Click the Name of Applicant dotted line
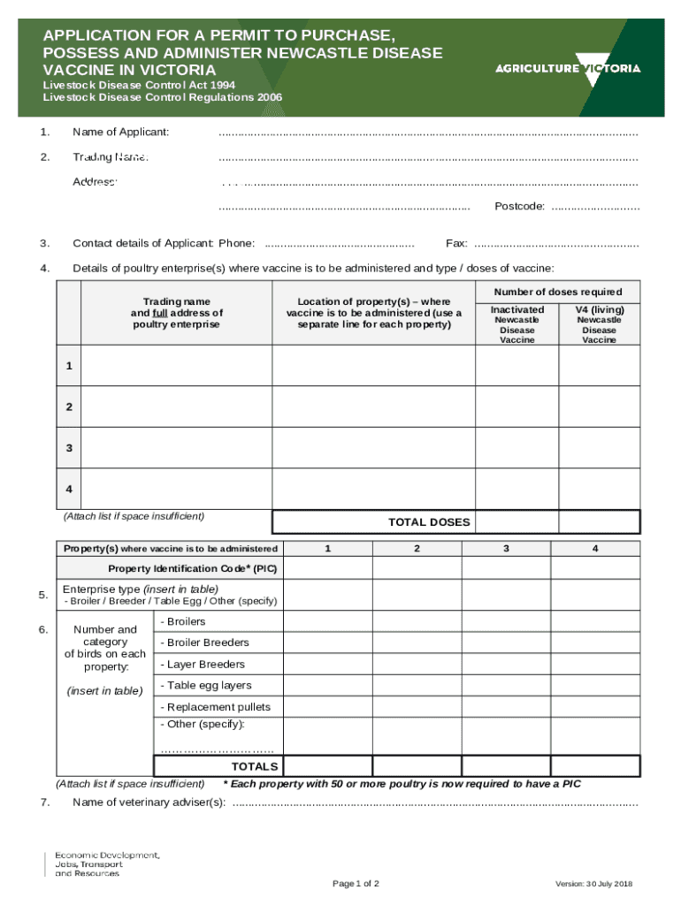(428, 133)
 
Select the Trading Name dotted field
(428, 158)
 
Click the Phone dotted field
(340, 244)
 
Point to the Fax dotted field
(556, 244)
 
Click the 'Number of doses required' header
(557, 293)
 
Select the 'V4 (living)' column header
(599, 310)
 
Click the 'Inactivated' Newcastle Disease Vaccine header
(517, 310)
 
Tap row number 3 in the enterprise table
(69, 448)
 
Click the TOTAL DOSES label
(429, 522)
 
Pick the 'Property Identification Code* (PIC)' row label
(194, 568)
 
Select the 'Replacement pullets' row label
(215, 707)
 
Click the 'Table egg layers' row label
(206, 686)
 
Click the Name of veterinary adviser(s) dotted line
(433, 803)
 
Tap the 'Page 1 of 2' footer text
(356, 884)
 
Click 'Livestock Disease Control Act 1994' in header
(140, 86)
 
